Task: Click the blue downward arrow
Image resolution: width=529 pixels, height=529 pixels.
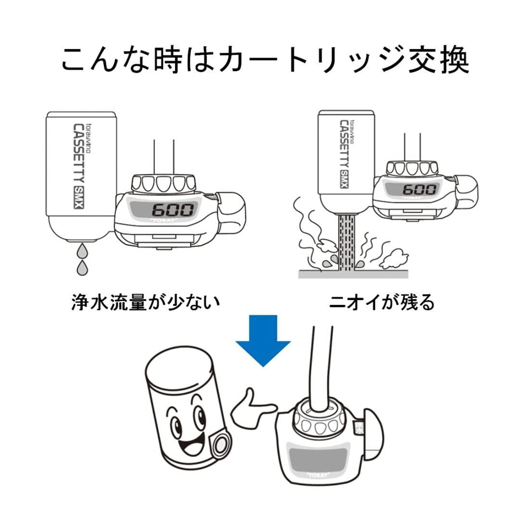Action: click(263, 341)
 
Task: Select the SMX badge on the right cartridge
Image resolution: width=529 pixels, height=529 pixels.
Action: click(344, 179)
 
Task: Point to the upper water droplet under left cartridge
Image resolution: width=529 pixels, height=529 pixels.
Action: click(82, 251)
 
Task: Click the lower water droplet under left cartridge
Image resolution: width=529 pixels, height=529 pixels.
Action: click(82, 267)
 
